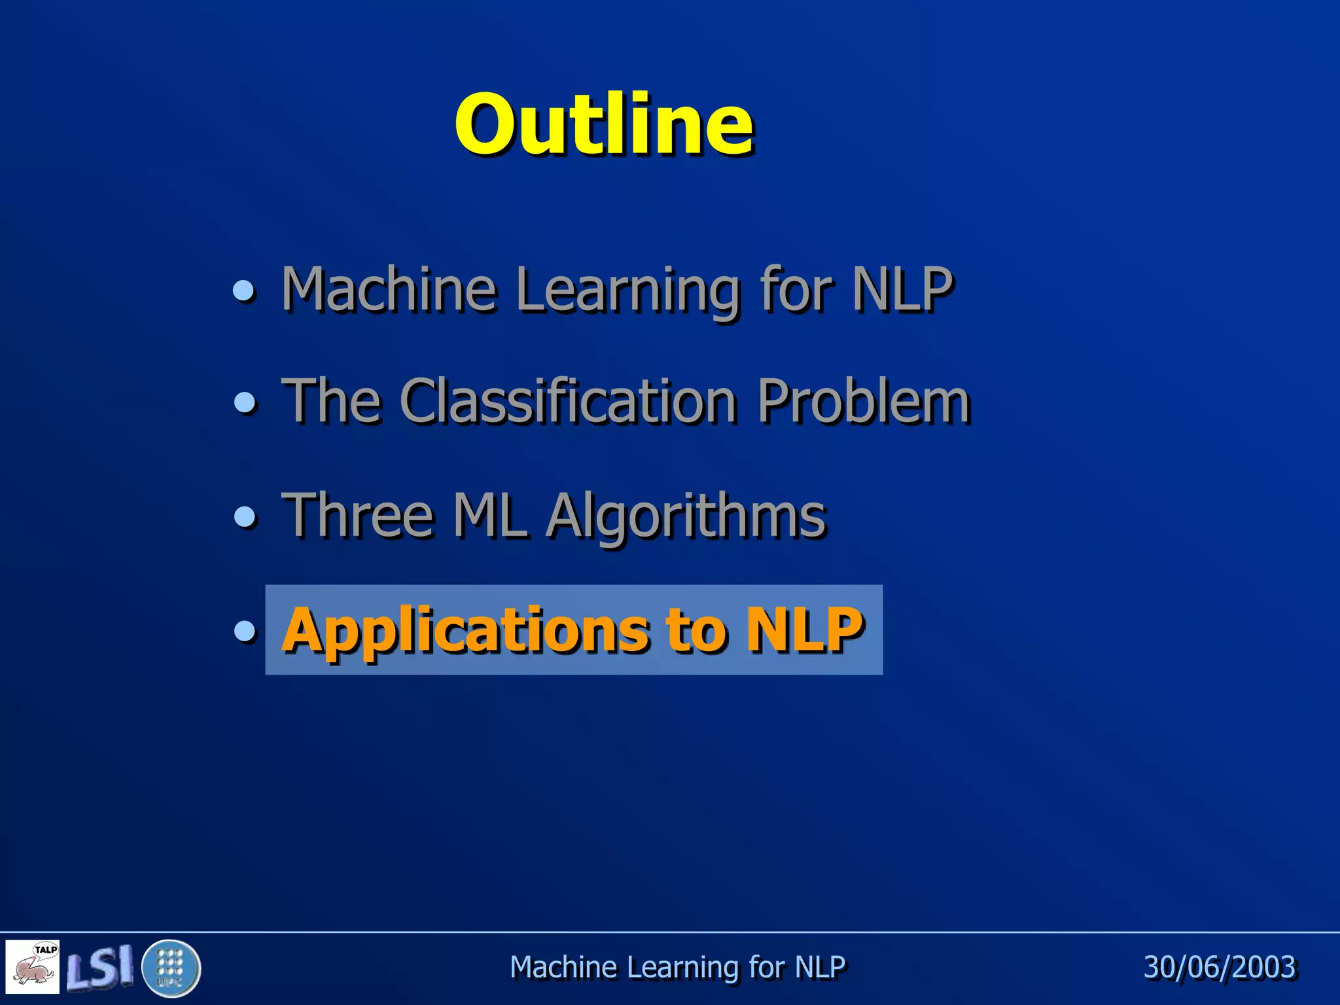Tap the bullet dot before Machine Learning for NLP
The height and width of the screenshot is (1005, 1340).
pyautogui.click(x=245, y=290)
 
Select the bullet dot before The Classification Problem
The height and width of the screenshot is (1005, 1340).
pyautogui.click(x=245, y=402)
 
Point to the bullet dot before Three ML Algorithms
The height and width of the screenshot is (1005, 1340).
pyautogui.click(x=245, y=517)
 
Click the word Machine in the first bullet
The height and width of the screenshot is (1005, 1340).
pyautogui.click(x=389, y=290)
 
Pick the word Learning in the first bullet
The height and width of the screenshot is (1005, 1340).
pyautogui.click(x=628, y=291)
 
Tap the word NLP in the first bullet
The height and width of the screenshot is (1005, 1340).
pyautogui.click(x=902, y=290)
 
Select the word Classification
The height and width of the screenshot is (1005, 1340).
pyautogui.click(x=568, y=402)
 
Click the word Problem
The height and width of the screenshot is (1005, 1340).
pyautogui.click(x=863, y=402)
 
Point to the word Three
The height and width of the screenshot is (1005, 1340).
pyautogui.click(x=357, y=516)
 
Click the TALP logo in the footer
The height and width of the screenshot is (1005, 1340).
pyautogui.click(x=33, y=966)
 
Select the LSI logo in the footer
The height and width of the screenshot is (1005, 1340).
pyautogui.click(x=99, y=966)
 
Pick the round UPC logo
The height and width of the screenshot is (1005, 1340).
pyautogui.click(x=171, y=968)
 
